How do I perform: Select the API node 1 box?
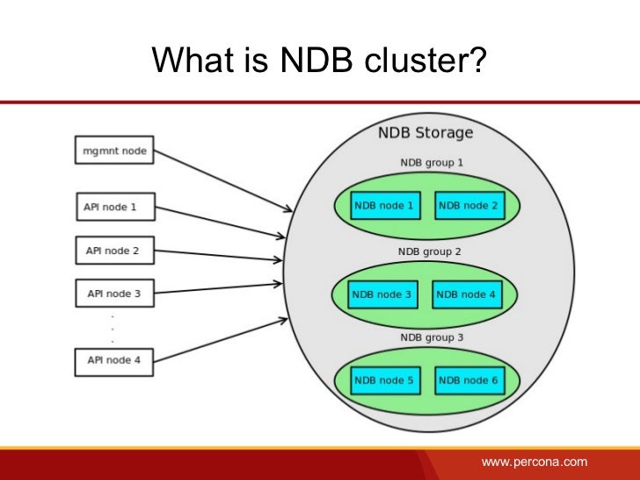coord(113,207)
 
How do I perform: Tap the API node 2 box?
coord(113,251)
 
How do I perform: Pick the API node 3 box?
coord(113,294)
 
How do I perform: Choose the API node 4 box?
coord(113,360)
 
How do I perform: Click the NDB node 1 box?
coord(384,206)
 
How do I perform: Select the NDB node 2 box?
coord(469,206)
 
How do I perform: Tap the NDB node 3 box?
coord(382,295)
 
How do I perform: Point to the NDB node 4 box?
coord(467,295)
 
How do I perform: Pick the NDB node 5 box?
coord(384,381)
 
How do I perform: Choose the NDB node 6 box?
coord(469,381)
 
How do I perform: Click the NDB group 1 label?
coord(431,163)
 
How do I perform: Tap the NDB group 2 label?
coord(430,251)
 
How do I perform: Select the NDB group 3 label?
coord(431,338)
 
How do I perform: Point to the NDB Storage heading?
coord(425,134)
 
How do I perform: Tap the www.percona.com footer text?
coord(534,462)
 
